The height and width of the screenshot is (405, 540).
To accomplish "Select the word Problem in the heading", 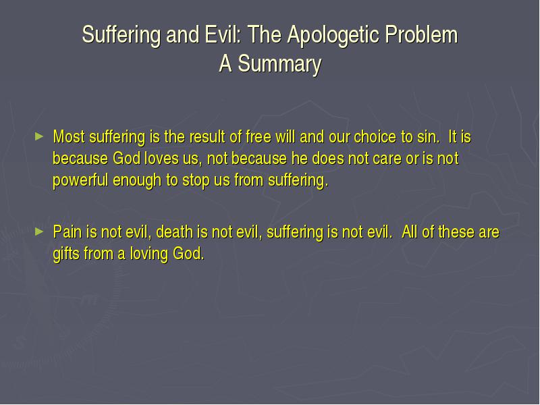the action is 421,34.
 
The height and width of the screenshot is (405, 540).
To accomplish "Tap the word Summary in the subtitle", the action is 279,64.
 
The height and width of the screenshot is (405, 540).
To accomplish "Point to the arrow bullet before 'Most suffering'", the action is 39,136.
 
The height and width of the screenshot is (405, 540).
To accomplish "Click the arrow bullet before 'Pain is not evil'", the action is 39,232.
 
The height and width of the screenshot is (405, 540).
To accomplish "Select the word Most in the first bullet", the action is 69,137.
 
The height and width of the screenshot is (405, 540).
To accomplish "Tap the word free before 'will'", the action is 259,137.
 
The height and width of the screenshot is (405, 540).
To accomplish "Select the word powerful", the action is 80,180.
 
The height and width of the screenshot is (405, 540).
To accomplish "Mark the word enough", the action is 137,180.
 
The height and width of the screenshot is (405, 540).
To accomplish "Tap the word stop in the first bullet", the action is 195,180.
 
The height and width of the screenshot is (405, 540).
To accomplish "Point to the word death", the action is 174,232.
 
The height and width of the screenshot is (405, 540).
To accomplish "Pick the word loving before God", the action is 148,254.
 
